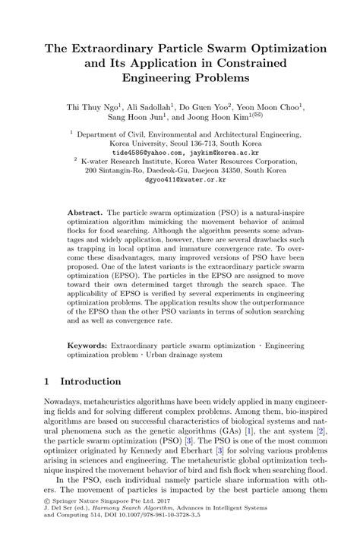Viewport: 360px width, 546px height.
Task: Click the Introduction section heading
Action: pos(90,381)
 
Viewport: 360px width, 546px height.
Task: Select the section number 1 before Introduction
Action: pos(47,381)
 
